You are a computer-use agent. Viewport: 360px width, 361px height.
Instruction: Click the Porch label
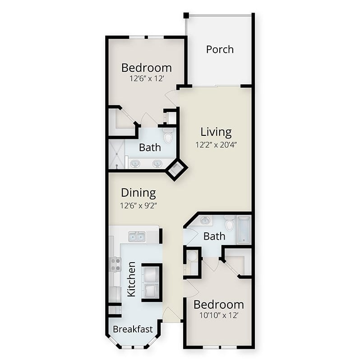tap(220, 50)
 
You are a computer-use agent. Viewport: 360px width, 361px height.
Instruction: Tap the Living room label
tap(216, 132)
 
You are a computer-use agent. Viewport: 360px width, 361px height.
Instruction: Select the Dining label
tap(138, 193)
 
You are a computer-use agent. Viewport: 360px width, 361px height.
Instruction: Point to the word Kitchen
tap(131, 279)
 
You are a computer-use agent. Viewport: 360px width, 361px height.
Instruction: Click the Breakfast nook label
tap(133, 329)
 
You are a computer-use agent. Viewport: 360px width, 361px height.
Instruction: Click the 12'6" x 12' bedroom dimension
tap(147, 79)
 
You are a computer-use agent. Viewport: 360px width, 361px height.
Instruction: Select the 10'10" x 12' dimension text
tap(219, 315)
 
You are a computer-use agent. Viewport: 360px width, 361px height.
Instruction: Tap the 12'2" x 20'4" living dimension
tap(216, 145)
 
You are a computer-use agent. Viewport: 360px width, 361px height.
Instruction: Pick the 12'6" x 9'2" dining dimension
tap(138, 205)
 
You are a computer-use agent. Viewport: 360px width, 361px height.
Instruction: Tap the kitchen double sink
tap(137, 236)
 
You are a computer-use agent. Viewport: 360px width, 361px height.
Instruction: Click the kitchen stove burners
tap(115, 264)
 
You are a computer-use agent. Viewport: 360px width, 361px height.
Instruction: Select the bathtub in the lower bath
tap(244, 230)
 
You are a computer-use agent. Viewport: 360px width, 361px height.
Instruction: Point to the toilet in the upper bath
tap(168, 136)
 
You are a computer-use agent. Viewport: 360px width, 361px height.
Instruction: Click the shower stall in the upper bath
tap(117, 154)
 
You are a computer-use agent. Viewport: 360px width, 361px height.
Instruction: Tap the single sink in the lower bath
tap(205, 221)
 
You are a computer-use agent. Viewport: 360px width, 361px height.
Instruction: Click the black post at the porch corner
tap(186, 16)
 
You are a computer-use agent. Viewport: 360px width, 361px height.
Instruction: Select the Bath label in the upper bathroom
tap(150, 148)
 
